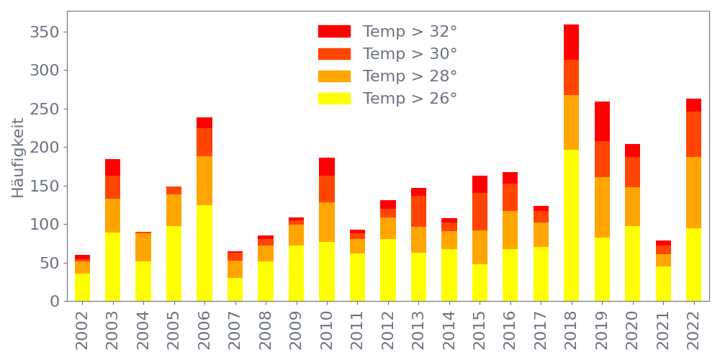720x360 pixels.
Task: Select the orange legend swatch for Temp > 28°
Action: [x=334, y=76]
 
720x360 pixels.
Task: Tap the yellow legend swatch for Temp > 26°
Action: [x=334, y=99]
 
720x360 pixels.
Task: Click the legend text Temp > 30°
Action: [x=410, y=54]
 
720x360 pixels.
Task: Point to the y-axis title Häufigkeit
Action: [x=18, y=157]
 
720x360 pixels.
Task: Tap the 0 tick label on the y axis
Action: [x=54, y=301]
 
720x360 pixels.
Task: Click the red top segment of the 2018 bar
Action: [x=572, y=42]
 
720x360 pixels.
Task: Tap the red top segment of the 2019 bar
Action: [x=602, y=121]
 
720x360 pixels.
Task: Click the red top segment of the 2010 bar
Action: [x=327, y=166]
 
